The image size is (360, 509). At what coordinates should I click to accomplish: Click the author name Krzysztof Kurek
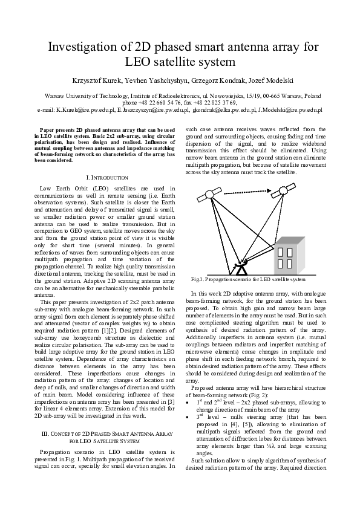click(x=96, y=80)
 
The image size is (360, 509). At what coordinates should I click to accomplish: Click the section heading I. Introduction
click(x=107, y=177)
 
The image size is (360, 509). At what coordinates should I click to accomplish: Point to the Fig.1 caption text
click(x=248, y=280)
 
